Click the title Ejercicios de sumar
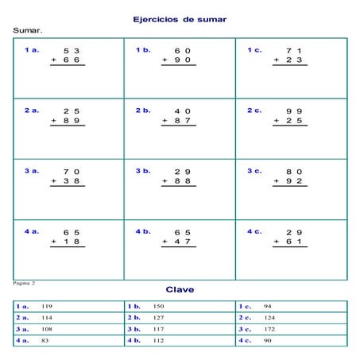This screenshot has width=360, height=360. [x=180, y=18]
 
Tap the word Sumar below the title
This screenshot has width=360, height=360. [x=27, y=31]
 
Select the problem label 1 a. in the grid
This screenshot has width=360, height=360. [x=32, y=50]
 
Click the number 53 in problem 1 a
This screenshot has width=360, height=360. [x=71, y=51]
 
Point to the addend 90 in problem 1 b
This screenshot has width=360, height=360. [x=182, y=60]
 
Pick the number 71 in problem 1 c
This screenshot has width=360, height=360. [x=294, y=51]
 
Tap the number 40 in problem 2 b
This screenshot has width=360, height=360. [x=182, y=111]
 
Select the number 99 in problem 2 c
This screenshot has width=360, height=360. [x=294, y=111]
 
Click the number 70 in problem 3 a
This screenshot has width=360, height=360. [x=71, y=172]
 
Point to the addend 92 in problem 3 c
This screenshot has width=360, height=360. [x=294, y=181]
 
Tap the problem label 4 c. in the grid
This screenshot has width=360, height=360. [x=254, y=231]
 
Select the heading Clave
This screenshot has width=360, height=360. [x=180, y=290]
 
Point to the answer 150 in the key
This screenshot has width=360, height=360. [x=158, y=306]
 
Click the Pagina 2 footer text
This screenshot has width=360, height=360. [x=25, y=282]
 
